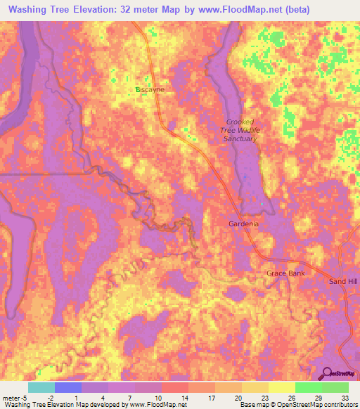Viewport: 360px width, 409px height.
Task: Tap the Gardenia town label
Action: coord(243,224)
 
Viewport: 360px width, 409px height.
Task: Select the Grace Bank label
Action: coord(285,273)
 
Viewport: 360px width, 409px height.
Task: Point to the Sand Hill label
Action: coord(344,281)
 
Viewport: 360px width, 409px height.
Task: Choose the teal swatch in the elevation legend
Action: coord(41,387)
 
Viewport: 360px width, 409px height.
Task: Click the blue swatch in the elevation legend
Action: coord(67,387)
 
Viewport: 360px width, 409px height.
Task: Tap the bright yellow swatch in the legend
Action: coord(281,387)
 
